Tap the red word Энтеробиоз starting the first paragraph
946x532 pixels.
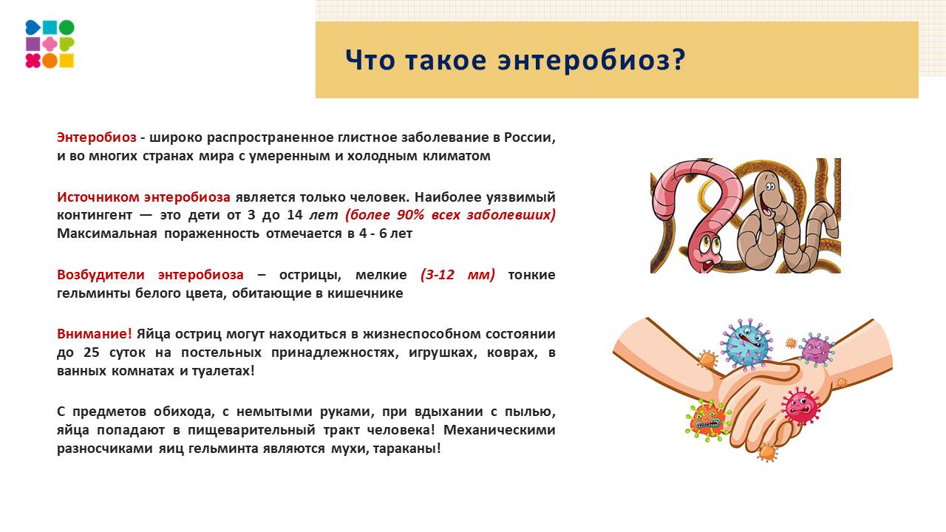(x=97, y=137)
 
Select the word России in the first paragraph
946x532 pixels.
(x=530, y=137)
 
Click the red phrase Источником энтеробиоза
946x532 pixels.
(x=143, y=197)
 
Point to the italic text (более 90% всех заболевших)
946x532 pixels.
(x=450, y=215)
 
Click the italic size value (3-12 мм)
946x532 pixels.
(x=457, y=275)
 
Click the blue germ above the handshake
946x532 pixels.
(x=746, y=344)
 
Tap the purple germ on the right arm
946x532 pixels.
(x=816, y=349)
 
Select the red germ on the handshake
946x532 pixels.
(x=801, y=405)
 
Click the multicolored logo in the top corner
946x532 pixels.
(x=50, y=44)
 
